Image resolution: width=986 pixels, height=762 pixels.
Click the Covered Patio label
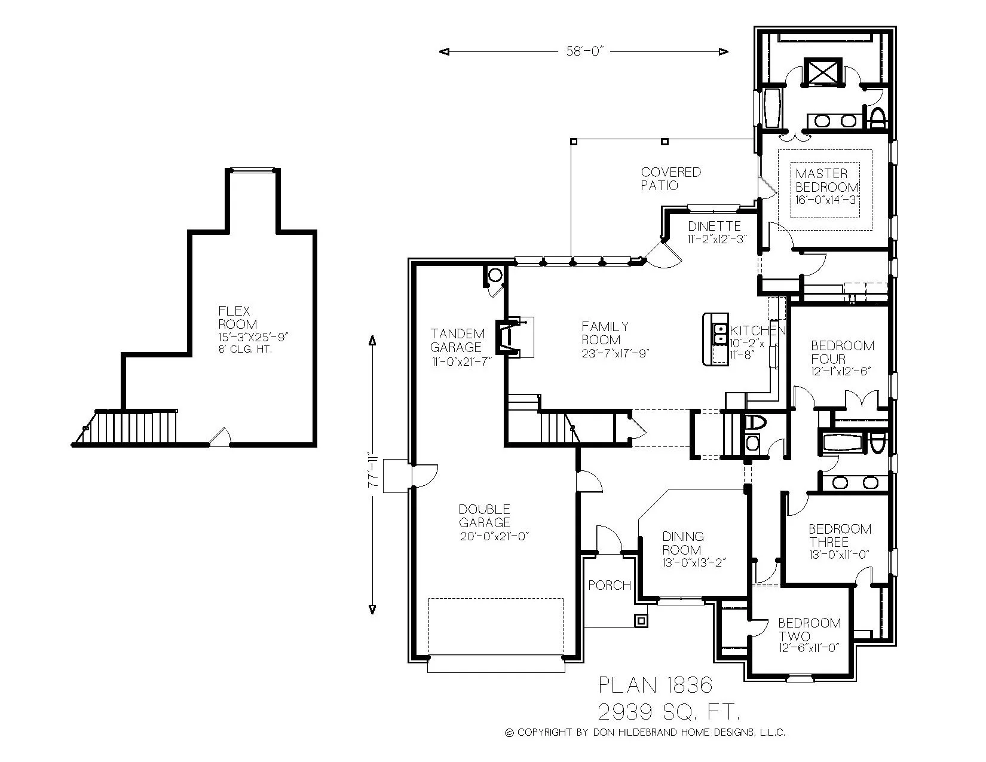pyautogui.click(x=670, y=179)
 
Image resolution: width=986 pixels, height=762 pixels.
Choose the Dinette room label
pyautogui.click(x=714, y=227)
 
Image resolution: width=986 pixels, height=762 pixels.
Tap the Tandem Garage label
pyautogui.click(x=458, y=341)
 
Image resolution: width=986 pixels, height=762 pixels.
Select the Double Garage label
pyautogui.click(x=485, y=516)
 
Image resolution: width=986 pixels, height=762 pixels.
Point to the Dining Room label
pyautogui.click(x=683, y=543)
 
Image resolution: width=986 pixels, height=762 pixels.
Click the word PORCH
pyautogui.click(x=610, y=585)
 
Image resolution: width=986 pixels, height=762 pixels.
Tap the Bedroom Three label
pyautogui.click(x=840, y=535)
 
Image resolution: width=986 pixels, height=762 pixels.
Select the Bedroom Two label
pyautogui.click(x=809, y=629)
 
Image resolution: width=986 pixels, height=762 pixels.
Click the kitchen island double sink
pyautogui.click(x=721, y=335)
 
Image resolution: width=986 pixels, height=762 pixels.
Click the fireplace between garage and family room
pyautogui.click(x=508, y=338)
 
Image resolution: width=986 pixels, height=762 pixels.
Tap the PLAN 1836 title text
pyautogui.click(x=655, y=685)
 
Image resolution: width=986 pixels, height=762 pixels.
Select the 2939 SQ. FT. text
pyautogui.click(x=669, y=711)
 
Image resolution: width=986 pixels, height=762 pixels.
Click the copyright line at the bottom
pyautogui.click(x=645, y=733)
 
